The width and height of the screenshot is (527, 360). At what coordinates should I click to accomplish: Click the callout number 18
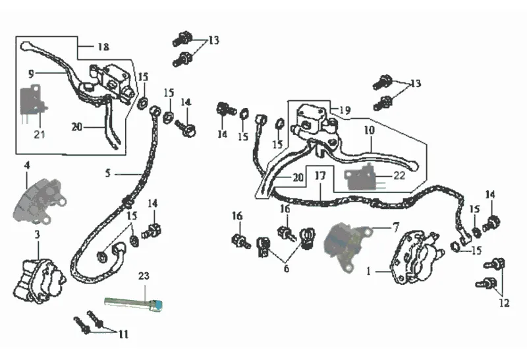[x=103, y=47]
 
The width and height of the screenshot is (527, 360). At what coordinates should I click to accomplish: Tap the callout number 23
[x=144, y=278]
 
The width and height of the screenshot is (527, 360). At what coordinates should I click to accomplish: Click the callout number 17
[x=320, y=177]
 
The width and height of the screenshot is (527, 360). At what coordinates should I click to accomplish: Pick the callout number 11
[x=123, y=334]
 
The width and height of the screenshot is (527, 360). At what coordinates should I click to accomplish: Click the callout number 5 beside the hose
[x=108, y=174]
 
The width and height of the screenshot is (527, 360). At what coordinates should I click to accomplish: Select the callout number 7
[x=395, y=227]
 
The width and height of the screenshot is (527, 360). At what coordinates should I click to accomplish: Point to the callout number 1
[x=369, y=270]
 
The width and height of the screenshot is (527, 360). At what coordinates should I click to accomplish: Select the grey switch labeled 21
[x=32, y=102]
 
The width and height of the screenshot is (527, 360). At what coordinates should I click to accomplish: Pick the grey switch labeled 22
[x=360, y=177]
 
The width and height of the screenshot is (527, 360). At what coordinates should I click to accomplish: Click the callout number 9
[x=30, y=73]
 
